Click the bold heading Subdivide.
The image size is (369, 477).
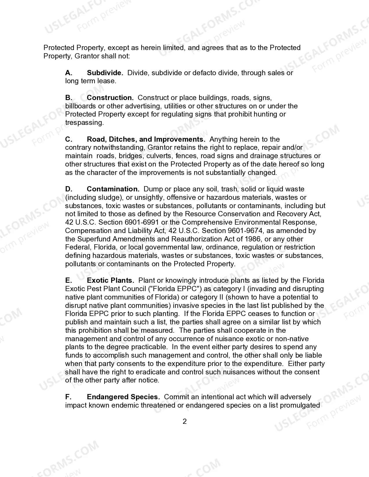pos(105,73)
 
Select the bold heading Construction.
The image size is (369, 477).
pos(110,98)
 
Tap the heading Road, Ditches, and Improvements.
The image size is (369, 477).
pos(146,139)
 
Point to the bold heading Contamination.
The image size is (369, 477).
pos(113,189)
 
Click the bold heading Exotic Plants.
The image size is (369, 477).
pos(111,280)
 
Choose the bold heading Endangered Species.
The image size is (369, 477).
pos(123,397)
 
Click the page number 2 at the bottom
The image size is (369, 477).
pos(185,421)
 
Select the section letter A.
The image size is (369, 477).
pos(69,73)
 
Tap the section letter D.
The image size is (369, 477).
pos(69,189)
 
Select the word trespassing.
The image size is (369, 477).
pos(84,123)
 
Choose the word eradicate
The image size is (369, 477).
pos(150,372)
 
